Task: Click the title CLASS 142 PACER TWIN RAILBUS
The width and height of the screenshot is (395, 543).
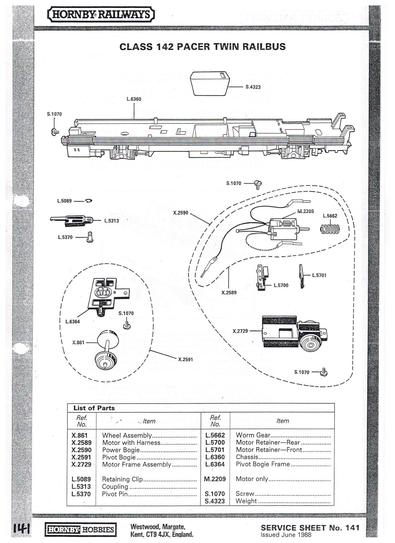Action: (202, 47)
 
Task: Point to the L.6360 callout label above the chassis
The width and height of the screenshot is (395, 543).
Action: (134, 99)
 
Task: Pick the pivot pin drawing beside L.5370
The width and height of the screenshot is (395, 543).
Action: (90, 237)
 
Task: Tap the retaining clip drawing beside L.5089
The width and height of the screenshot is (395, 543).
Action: (89, 200)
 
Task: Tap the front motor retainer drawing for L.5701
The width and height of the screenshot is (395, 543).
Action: (301, 276)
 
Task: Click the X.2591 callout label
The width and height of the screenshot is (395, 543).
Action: (186, 359)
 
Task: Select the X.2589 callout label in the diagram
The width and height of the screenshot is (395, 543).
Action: (229, 292)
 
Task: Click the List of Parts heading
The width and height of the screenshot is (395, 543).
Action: (94, 408)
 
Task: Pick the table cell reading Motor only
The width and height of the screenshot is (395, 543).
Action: (252, 479)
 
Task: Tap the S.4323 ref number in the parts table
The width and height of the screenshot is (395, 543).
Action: (215, 501)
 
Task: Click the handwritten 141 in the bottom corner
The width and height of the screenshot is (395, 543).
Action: (21, 530)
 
